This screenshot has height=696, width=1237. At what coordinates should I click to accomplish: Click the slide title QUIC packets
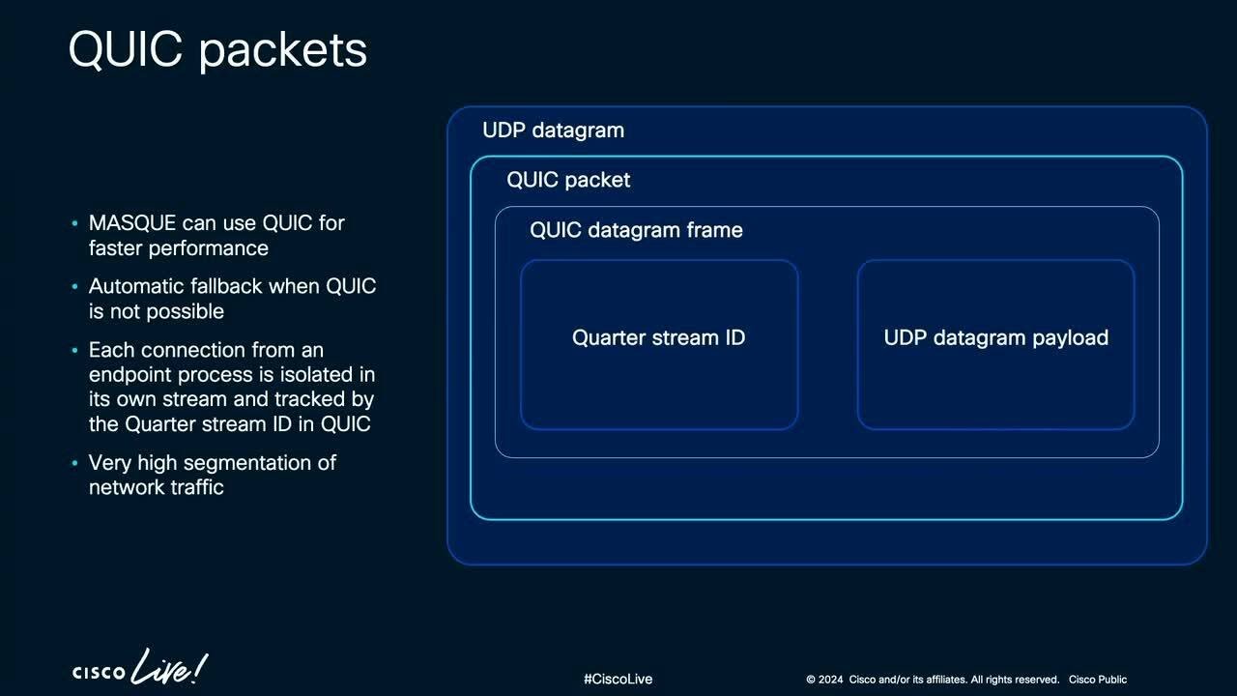click(217, 50)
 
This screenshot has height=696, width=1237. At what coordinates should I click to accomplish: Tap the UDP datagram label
click(553, 130)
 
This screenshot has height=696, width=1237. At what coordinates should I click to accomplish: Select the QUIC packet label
click(568, 180)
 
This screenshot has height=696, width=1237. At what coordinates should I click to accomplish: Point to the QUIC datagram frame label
click(636, 230)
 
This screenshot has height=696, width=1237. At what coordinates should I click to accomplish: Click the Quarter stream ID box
click(659, 343)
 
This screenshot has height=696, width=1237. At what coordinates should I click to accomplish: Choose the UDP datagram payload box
click(995, 343)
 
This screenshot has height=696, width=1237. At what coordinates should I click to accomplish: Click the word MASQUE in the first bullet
click(132, 223)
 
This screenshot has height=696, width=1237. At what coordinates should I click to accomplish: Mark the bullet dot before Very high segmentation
click(75, 464)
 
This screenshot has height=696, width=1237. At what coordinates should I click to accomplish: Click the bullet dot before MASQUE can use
click(75, 224)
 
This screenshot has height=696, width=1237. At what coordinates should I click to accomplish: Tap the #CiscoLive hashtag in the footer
click(618, 680)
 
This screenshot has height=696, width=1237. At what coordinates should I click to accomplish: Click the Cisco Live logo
click(139, 669)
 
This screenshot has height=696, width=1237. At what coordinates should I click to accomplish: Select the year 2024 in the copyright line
click(831, 680)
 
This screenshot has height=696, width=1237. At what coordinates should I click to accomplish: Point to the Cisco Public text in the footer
click(1097, 680)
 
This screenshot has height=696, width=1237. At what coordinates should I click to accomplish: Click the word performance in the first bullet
click(208, 248)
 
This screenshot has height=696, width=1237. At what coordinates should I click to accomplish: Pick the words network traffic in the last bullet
click(156, 487)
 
